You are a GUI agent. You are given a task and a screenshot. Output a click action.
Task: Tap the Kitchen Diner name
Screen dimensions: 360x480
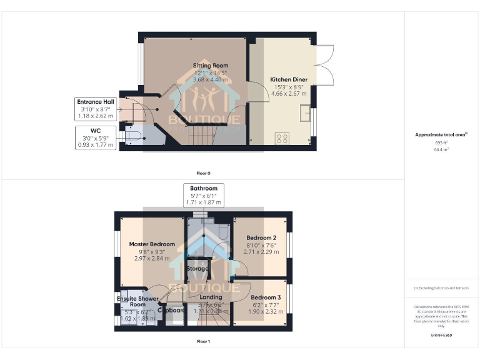click(288, 79)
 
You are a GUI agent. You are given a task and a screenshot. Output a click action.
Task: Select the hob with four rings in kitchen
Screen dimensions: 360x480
click(282, 137)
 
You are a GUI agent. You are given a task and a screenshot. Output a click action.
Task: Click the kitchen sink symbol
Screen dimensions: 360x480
click(305, 114)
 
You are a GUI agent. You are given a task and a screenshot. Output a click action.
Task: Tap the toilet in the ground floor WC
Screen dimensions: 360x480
click(133, 134)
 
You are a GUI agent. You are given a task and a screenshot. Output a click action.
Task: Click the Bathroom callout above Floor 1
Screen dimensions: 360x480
click(204, 196)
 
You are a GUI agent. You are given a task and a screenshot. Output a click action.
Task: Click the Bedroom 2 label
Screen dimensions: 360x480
click(261, 238)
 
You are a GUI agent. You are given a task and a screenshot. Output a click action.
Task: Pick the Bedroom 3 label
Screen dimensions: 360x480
click(266, 297)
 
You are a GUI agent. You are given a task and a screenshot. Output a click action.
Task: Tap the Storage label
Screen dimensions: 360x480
click(197, 269)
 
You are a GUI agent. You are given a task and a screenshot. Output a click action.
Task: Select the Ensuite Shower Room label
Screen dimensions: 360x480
click(137, 301)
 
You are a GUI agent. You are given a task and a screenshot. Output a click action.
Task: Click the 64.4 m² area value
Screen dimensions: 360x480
click(442, 149)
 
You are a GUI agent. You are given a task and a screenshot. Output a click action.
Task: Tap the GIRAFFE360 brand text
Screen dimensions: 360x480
click(441, 336)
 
